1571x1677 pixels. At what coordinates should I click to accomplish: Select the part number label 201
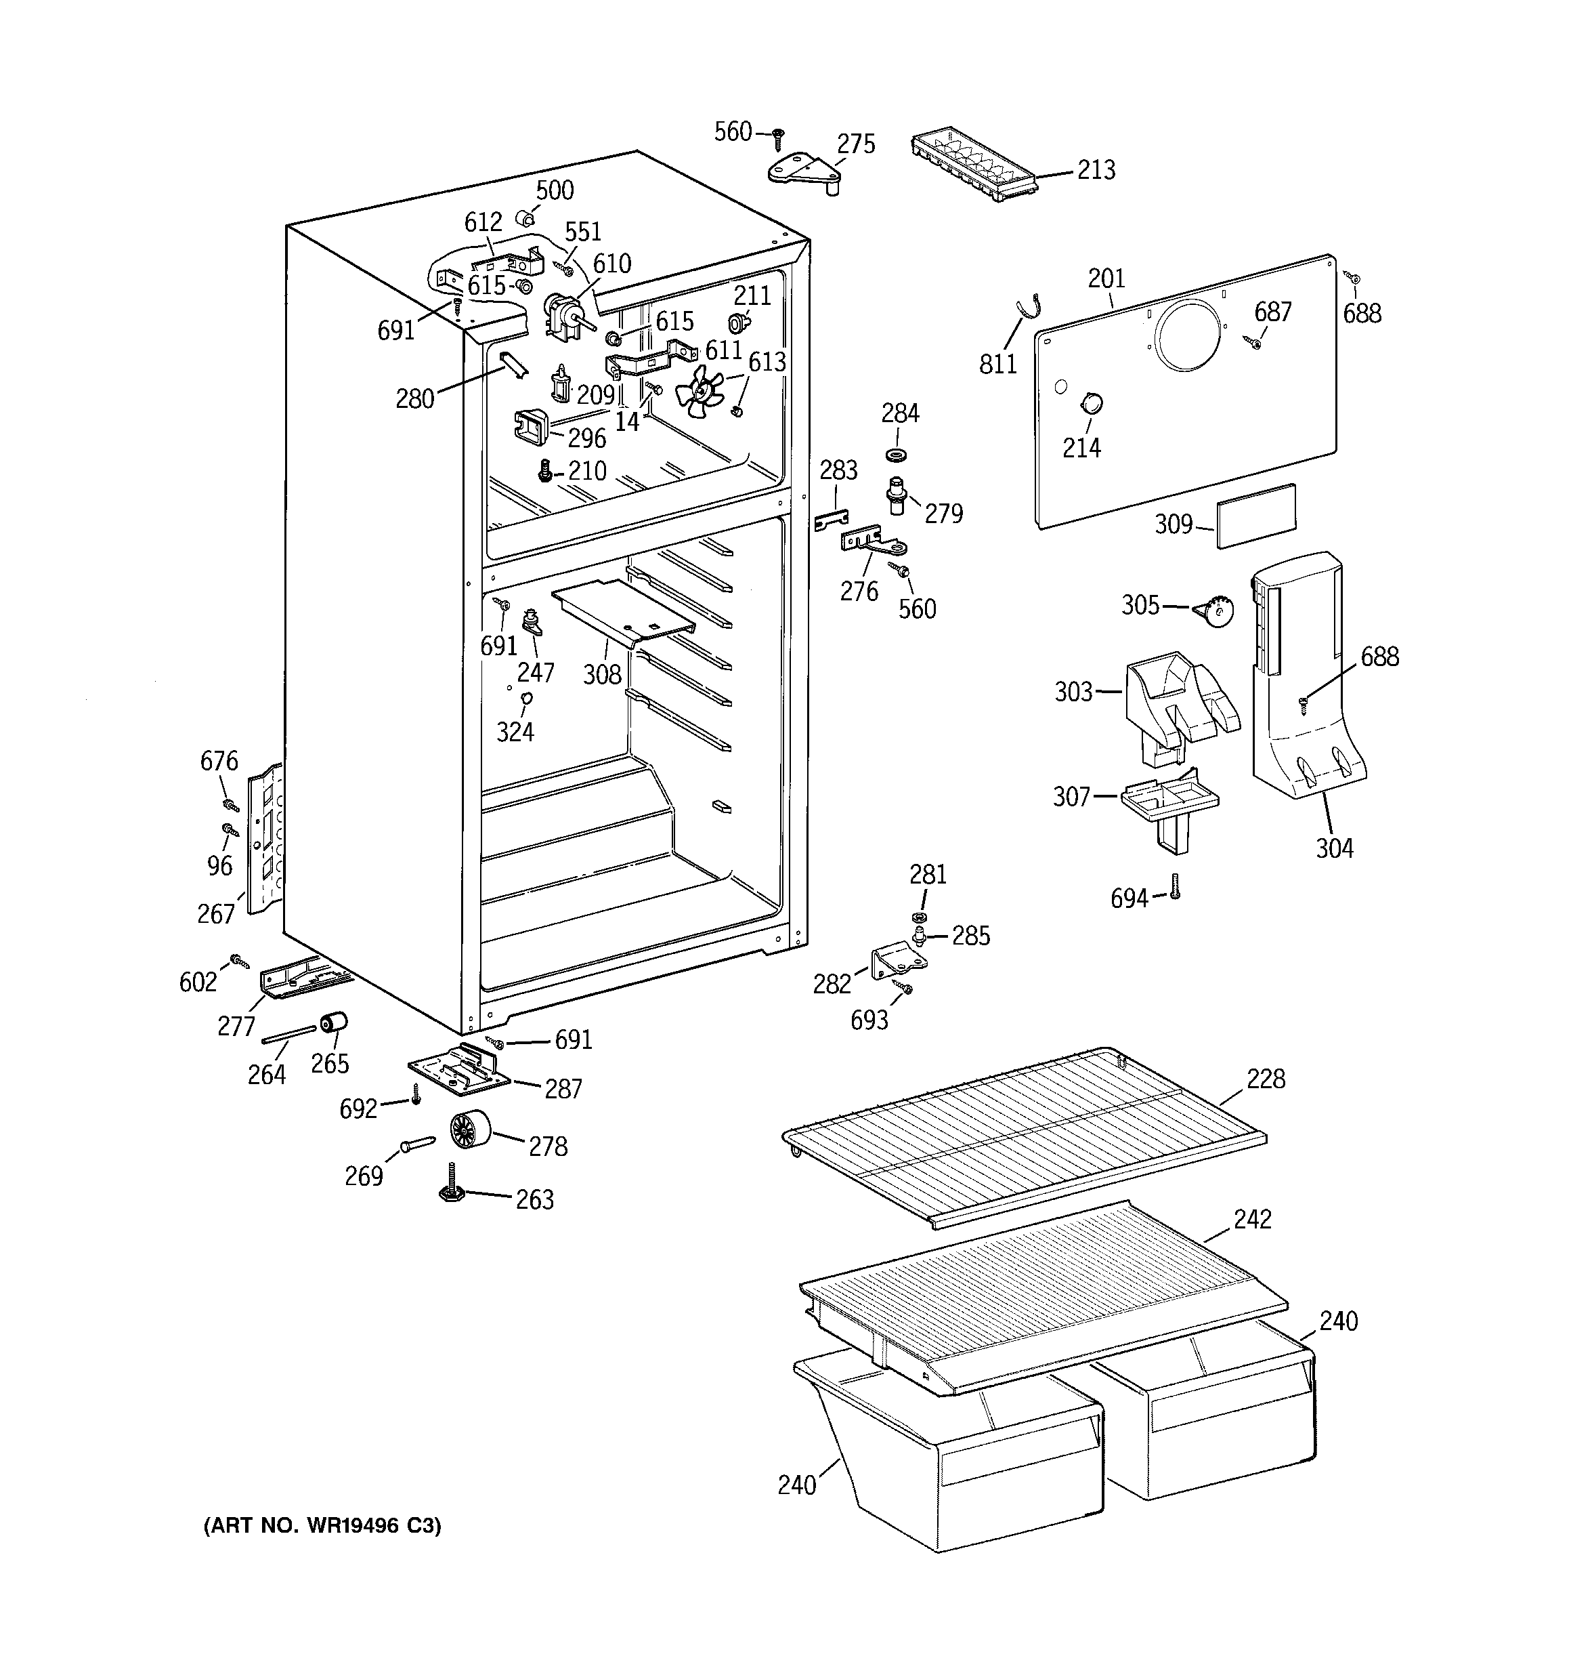pyautogui.click(x=1106, y=278)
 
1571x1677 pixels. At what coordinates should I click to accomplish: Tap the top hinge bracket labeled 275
pyautogui.click(x=805, y=172)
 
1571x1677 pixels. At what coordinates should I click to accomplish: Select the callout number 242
pyautogui.click(x=1251, y=1219)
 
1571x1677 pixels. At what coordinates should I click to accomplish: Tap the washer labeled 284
pyautogui.click(x=897, y=455)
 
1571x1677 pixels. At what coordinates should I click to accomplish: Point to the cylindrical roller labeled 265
pyautogui.click(x=334, y=1023)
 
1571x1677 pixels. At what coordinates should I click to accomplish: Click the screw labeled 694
pyautogui.click(x=1176, y=885)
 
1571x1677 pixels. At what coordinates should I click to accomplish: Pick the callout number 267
pyautogui.click(x=216, y=913)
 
